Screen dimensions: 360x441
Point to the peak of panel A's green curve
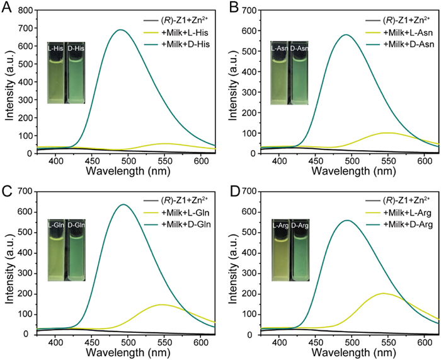pos(119,30)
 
